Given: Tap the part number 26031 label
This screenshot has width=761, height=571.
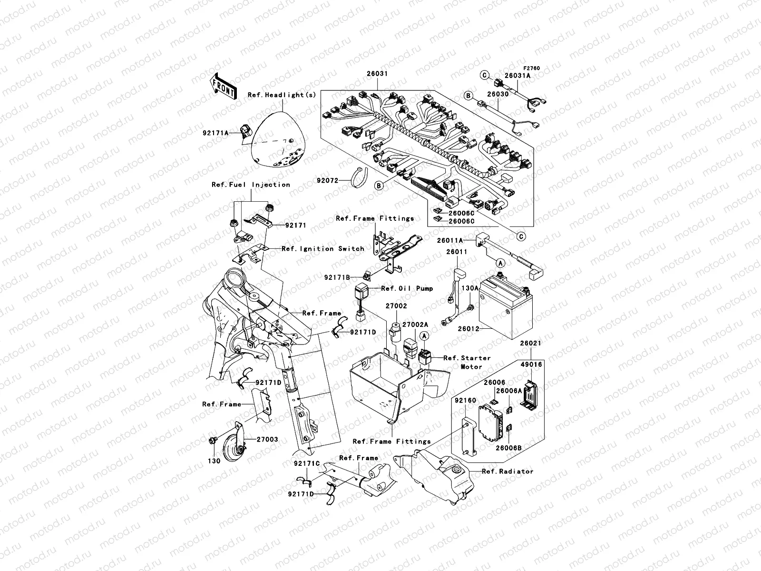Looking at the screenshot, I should tap(377, 74).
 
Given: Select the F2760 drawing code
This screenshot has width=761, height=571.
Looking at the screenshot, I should tap(533, 69).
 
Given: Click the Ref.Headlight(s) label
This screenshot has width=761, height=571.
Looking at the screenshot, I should tap(282, 95).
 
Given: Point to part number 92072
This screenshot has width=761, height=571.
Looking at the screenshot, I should tap(328, 181).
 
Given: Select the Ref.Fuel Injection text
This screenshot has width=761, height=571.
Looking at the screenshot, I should tap(251, 185).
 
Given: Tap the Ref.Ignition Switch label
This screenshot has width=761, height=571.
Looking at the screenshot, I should tap(323, 249).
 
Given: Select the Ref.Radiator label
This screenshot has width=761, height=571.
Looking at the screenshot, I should tap(507, 472).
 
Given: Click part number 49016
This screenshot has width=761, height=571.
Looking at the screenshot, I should tap(532, 364).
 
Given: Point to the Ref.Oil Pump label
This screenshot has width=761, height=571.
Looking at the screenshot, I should tap(407, 288).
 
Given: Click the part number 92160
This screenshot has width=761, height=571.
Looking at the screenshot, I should tap(465, 401).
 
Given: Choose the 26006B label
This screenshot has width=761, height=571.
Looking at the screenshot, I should tap(508, 448).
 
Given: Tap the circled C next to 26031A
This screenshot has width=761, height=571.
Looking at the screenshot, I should tap(485, 74).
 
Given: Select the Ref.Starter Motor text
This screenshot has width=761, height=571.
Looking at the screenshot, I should tap(466, 362).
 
